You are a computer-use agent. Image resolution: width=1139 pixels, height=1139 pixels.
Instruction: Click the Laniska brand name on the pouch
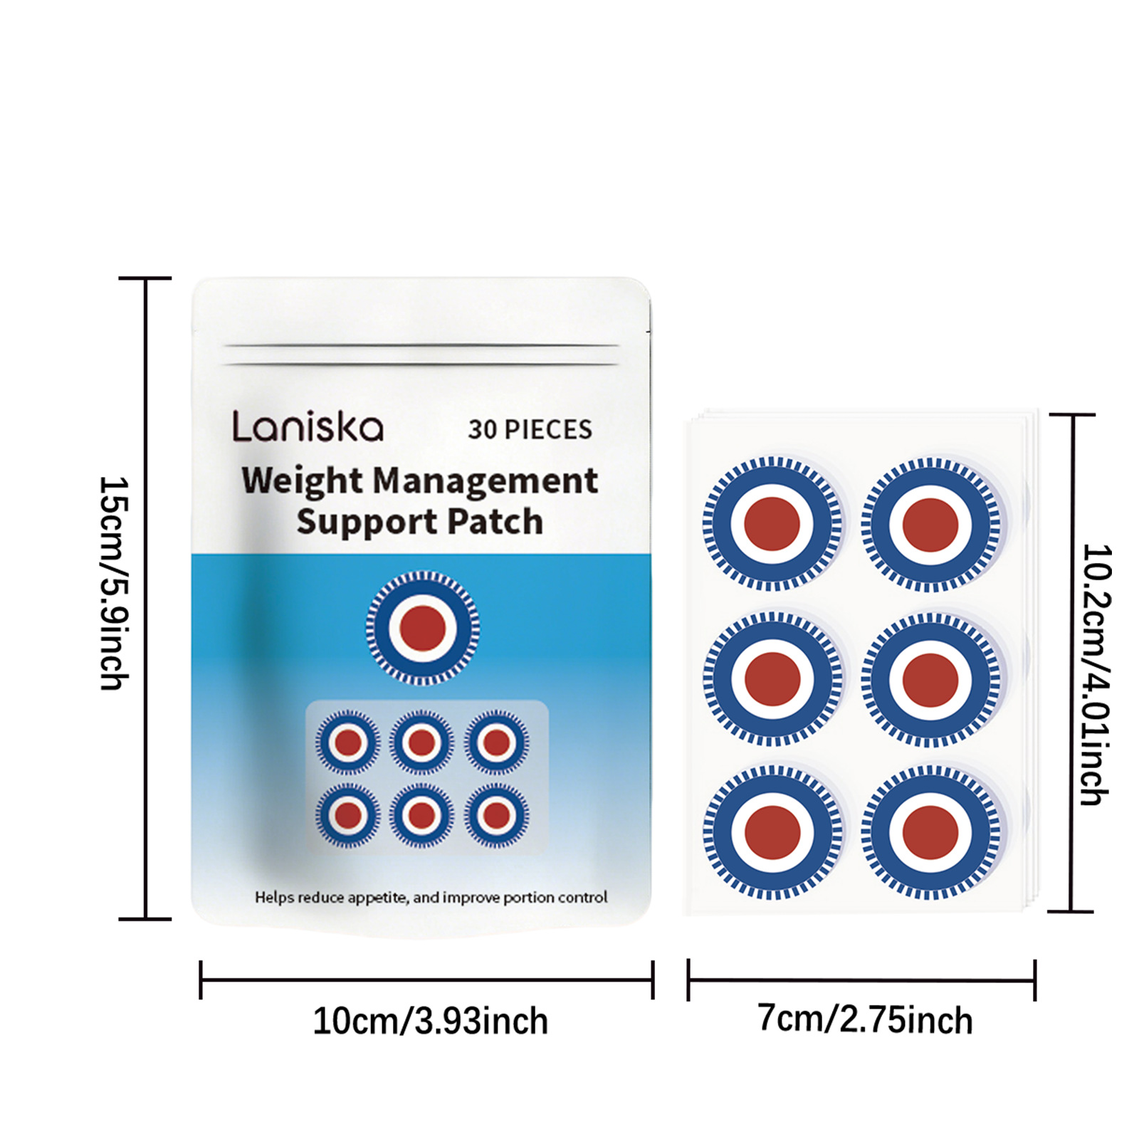click(x=308, y=427)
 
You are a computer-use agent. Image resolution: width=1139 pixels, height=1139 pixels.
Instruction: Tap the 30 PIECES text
click(x=530, y=429)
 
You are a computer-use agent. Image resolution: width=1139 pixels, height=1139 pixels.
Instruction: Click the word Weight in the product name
click(x=302, y=481)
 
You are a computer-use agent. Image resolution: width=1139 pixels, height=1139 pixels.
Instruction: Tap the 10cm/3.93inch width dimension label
click(x=430, y=1022)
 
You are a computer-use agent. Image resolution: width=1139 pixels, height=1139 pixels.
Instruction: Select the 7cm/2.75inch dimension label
click(x=864, y=1019)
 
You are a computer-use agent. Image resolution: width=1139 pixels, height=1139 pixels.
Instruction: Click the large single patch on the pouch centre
click(x=423, y=628)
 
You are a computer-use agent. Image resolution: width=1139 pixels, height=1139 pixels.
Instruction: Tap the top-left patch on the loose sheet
click(x=772, y=524)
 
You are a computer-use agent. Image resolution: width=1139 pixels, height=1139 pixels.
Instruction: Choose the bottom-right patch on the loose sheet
click(x=930, y=832)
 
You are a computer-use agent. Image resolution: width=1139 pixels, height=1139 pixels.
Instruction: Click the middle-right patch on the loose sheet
click(x=930, y=679)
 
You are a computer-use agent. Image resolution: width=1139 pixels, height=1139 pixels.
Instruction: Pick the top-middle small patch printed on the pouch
click(x=421, y=742)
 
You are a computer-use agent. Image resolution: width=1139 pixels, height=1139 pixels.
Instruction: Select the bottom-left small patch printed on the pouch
click(x=347, y=815)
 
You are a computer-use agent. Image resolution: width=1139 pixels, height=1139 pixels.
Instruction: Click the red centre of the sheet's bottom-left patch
click(x=772, y=832)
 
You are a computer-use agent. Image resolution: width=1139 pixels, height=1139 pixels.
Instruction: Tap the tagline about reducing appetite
click(x=431, y=898)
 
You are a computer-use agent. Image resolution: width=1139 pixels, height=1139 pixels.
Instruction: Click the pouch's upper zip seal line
click(x=421, y=346)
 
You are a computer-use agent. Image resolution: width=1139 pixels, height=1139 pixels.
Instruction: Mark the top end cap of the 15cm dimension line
click(x=145, y=278)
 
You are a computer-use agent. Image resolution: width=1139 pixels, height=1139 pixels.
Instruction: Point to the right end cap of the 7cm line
click(x=1034, y=980)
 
